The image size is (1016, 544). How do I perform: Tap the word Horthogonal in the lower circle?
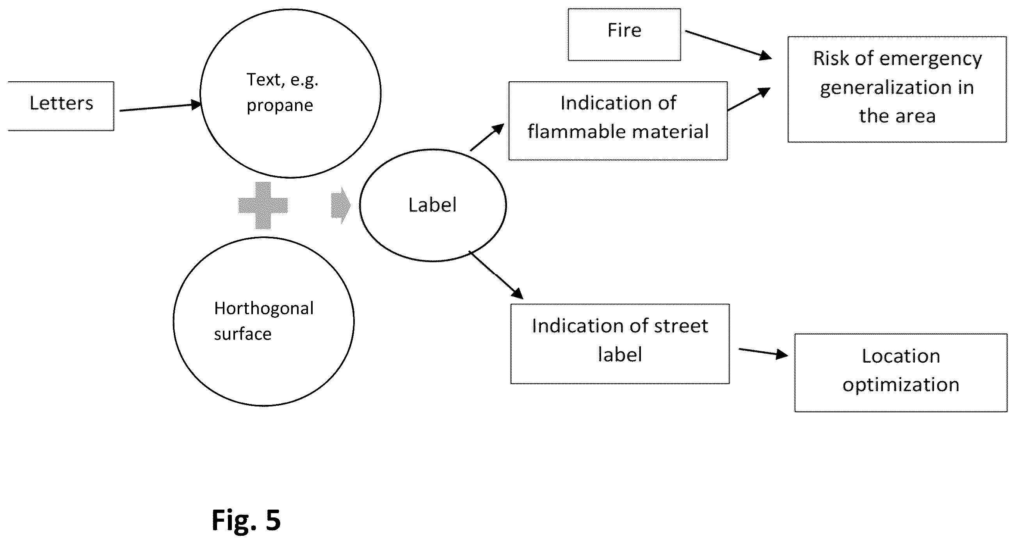(264, 308)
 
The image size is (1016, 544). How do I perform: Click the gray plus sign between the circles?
(263, 205)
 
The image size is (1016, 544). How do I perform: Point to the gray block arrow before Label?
(340, 205)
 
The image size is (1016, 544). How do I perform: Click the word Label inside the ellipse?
(432, 205)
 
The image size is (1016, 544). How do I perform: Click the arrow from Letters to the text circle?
(160, 107)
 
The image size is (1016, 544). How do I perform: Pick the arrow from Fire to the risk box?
(728, 45)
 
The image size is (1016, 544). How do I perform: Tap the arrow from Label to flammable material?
(488, 137)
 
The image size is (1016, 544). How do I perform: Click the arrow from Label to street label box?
(496, 275)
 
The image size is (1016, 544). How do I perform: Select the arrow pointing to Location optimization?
(763, 352)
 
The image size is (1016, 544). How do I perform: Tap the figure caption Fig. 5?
(246, 520)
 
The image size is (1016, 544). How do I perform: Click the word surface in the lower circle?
(242, 335)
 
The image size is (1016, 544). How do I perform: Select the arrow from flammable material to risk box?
(749, 99)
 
